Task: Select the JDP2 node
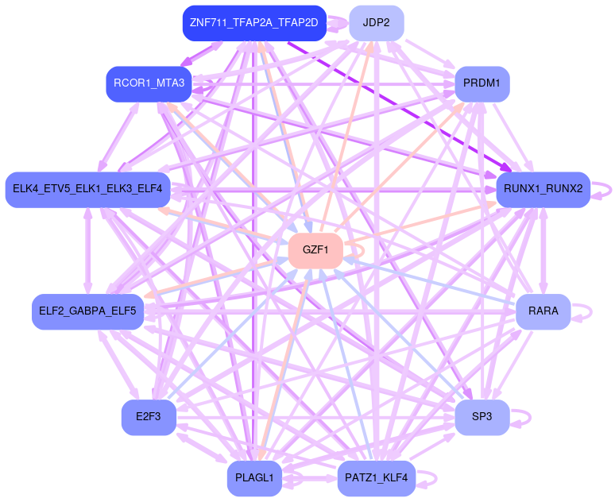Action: (x=376, y=22)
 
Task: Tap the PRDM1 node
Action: (x=482, y=83)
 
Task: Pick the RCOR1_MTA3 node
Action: (x=149, y=83)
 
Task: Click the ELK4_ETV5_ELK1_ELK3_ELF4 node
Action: (x=87, y=189)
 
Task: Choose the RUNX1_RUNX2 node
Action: (x=543, y=189)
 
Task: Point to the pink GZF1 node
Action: (x=315, y=249)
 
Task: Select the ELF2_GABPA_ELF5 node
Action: (x=87, y=311)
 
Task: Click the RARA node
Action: (x=543, y=311)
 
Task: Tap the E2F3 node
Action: (x=149, y=417)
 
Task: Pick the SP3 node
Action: (x=482, y=417)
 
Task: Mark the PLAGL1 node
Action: (x=254, y=478)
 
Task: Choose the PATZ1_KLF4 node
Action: (x=376, y=478)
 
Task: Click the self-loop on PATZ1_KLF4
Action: (x=434, y=478)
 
